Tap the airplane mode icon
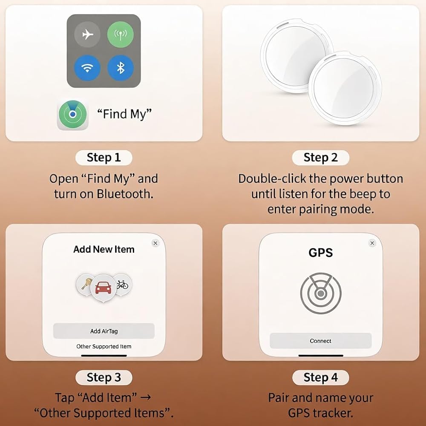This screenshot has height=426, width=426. coord(87,35)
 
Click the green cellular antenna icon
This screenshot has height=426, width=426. coord(121,35)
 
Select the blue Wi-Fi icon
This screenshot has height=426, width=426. coord(87,68)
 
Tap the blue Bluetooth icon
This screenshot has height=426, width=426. coord(121,68)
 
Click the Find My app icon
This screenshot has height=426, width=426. coord(72,114)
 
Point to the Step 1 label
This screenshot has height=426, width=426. coord(104,158)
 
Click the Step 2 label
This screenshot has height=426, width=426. coord(321,158)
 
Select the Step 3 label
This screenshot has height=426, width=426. coord(104,377)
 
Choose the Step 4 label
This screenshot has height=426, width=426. coord(321,377)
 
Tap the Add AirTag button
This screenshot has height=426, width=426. coord(104,331)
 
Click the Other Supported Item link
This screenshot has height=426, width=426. coord(104,346)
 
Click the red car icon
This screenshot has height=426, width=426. coord(104,288)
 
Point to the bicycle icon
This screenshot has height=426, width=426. coord(122,285)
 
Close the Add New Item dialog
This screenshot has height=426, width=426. coord(155,243)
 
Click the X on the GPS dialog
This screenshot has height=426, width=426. coord(372,243)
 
